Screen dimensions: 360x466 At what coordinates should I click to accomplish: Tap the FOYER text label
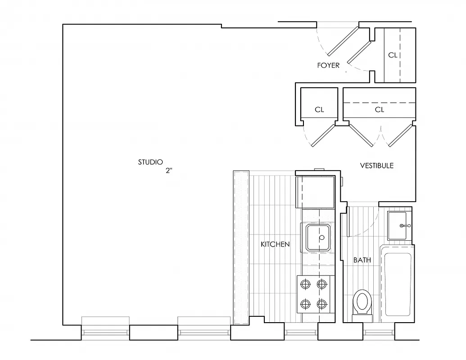[x=328, y=65]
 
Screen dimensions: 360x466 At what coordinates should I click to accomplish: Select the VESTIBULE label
[x=377, y=166]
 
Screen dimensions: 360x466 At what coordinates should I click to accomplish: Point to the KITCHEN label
[x=275, y=244]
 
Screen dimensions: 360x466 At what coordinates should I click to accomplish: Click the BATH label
[x=362, y=260]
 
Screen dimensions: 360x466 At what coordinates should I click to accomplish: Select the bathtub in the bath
[x=397, y=283]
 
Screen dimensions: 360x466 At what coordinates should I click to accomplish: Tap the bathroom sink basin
[x=399, y=225]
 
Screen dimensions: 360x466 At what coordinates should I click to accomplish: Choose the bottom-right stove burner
[x=321, y=304]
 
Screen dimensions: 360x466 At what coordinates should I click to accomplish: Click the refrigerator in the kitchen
[x=315, y=191]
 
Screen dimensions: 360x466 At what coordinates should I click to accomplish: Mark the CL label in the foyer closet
[x=393, y=55]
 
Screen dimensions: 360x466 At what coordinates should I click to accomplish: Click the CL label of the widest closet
[x=380, y=109]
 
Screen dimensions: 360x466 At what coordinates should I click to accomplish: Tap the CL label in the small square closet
[x=319, y=109]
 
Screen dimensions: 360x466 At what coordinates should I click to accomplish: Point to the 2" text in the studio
[x=169, y=171]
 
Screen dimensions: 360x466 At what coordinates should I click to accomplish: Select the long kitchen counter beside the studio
[x=241, y=247]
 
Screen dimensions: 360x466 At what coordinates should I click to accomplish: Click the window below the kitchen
[x=301, y=333]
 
